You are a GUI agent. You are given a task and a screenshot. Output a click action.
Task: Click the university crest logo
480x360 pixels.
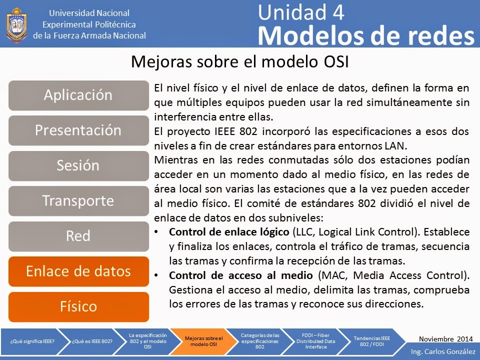tap(16, 24)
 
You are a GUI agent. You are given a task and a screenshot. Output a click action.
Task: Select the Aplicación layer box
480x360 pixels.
tap(78, 95)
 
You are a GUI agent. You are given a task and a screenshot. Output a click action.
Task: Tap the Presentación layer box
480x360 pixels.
tap(78, 130)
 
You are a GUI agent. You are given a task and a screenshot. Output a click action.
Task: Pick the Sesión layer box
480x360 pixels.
tap(78, 165)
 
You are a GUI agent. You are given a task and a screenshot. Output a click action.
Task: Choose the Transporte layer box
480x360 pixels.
tap(78, 201)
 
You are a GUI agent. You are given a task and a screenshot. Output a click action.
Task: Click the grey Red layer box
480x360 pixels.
tap(78, 236)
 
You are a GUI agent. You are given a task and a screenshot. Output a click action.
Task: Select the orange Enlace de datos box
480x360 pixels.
tap(78, 271)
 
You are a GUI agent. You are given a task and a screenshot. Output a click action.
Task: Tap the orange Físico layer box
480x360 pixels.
tap(78, 306)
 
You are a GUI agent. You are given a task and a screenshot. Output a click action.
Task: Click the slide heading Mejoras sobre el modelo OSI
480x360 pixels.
tap(239, 62)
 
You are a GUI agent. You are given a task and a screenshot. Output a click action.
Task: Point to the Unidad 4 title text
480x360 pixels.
tap(301, 12)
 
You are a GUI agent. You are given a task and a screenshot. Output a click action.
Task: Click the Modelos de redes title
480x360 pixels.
tap(366, 35)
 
